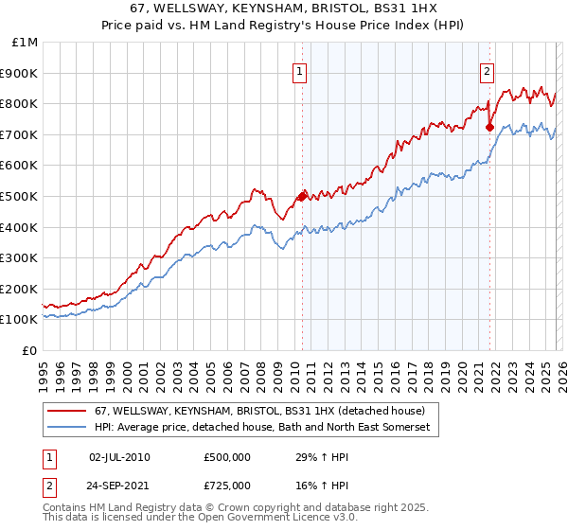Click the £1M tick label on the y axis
click(26, 42)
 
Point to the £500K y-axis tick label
click(21, 196)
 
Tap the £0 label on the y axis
click(31, 350)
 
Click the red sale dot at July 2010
click(302, 196)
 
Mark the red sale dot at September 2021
click(489, 127)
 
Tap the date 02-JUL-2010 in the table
click(119, 457)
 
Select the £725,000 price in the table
click(226, 485)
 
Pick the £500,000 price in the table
click(226, 457)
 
